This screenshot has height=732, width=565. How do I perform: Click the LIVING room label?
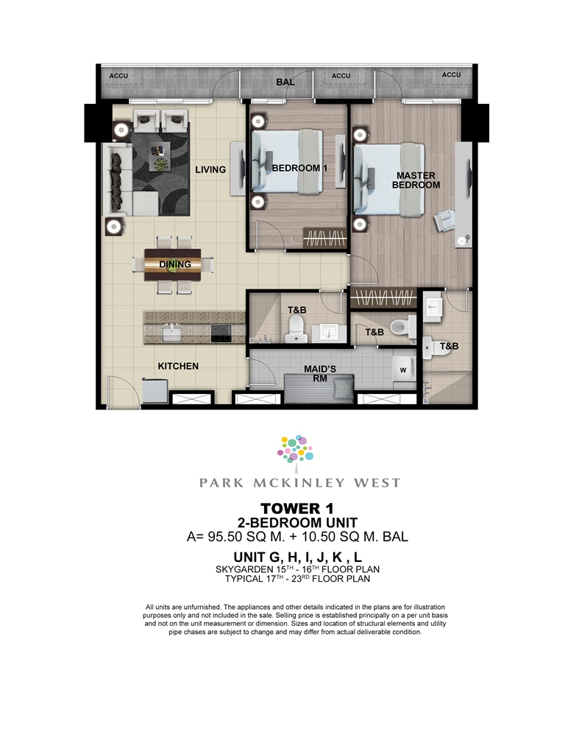(x=210, y=169)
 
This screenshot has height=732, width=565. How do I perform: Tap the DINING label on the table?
(x=175, y=264)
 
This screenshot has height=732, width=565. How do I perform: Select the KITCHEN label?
(x=178, y=366)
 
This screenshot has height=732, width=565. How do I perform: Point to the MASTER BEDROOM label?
(x=416, y=180)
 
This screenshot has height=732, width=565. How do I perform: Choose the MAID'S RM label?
(x=320, y=373)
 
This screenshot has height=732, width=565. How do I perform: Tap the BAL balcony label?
(x=285, y=82)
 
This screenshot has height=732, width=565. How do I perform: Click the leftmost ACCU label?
(x=118, y=76)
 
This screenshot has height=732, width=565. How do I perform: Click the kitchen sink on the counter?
(x=171, y=334)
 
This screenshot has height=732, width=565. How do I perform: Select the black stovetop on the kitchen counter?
(x=221, y=334)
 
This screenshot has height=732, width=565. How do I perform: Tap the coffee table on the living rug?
(x=160, y=157)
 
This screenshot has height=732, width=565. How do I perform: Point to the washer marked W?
(x=404, y=369)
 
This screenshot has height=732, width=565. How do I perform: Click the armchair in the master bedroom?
(x=444, y=220)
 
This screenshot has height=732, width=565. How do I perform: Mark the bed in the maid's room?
(x=319, y=388)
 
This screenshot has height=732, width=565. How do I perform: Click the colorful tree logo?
(x=295, y=450)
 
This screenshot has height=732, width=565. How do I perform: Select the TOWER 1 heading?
(x=297, y=508)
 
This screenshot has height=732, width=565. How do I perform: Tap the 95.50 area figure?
(x=225, y=537)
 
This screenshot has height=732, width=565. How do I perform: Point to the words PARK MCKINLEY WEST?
(x=299, y=482)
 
